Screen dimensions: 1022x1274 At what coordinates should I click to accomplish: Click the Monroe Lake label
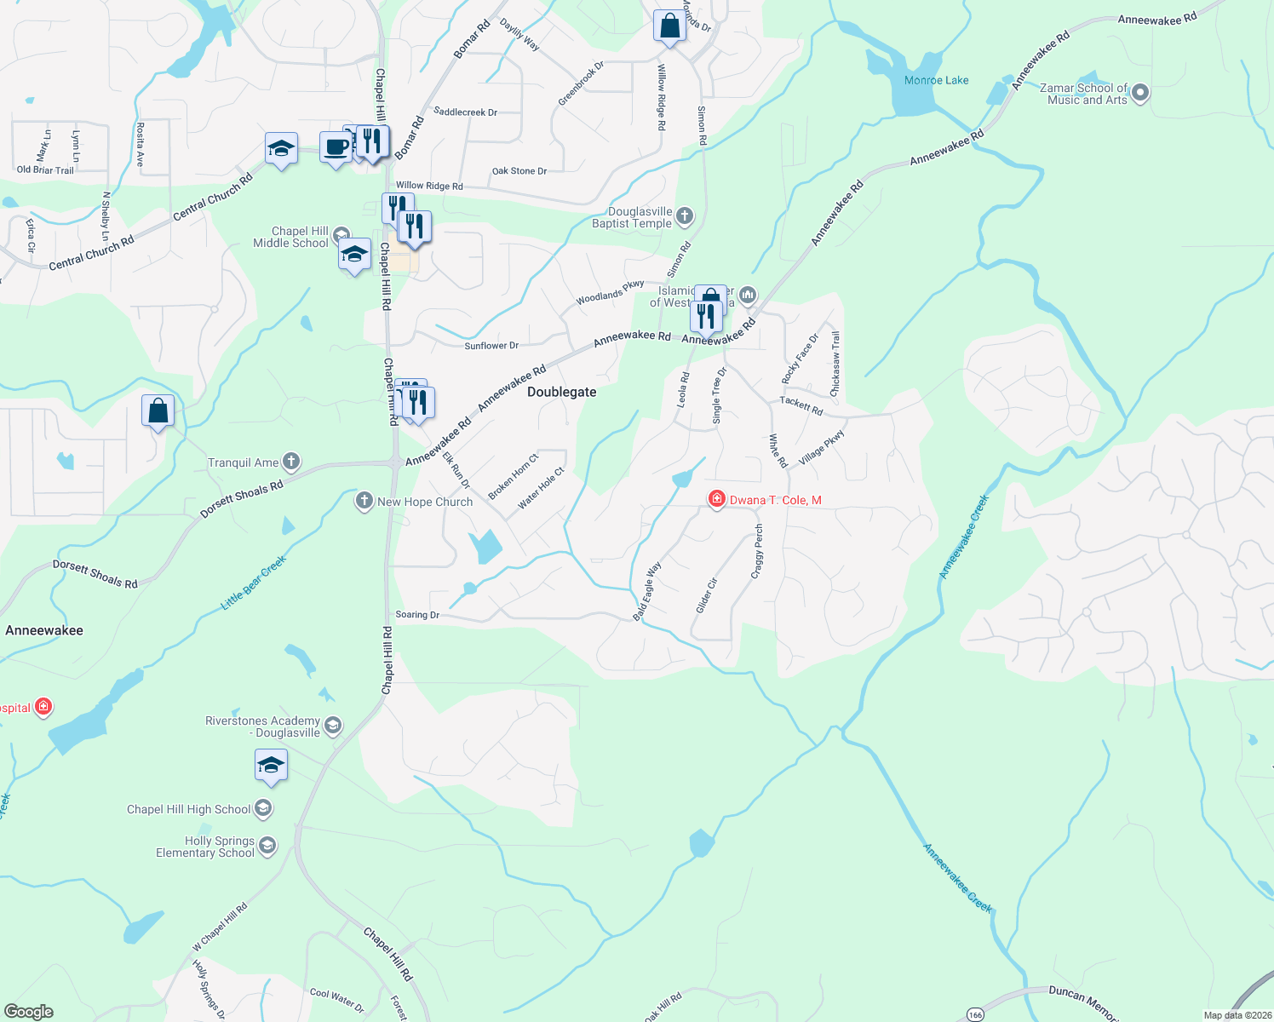tap(936, 80)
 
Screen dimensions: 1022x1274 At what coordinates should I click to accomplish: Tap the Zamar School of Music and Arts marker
tap(1141, 93)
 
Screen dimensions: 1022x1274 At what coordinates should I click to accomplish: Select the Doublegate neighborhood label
tap(561, 392)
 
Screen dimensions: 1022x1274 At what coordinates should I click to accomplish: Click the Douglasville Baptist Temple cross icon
tap(685, 217)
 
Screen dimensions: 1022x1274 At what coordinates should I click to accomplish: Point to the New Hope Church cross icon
tap(364, 501)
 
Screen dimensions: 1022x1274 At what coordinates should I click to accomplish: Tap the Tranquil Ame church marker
tap(291, 462)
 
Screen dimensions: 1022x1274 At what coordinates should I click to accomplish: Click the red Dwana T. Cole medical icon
tap(716, 500)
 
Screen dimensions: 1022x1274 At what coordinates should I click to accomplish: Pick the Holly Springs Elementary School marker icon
tap(267, 846)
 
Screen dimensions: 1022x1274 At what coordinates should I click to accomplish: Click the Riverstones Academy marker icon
tap(333, 726)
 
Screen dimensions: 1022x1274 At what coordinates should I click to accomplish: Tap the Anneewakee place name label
tap(44, 630)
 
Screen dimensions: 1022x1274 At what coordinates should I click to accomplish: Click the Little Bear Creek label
tap(254, 583)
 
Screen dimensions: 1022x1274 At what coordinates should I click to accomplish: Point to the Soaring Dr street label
tap(417, 614)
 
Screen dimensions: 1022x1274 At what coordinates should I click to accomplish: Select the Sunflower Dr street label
tap(491, 346)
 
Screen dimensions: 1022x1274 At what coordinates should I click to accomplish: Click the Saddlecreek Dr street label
tap(465, 112)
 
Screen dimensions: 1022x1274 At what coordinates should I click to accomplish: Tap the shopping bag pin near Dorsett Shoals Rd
tap(158, 411)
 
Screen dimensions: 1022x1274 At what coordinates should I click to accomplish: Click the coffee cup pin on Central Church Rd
tap(336, 146)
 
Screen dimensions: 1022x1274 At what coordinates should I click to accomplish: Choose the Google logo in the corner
tap(29, 1011)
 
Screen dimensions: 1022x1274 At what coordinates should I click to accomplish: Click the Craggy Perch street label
tap(757, 552)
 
